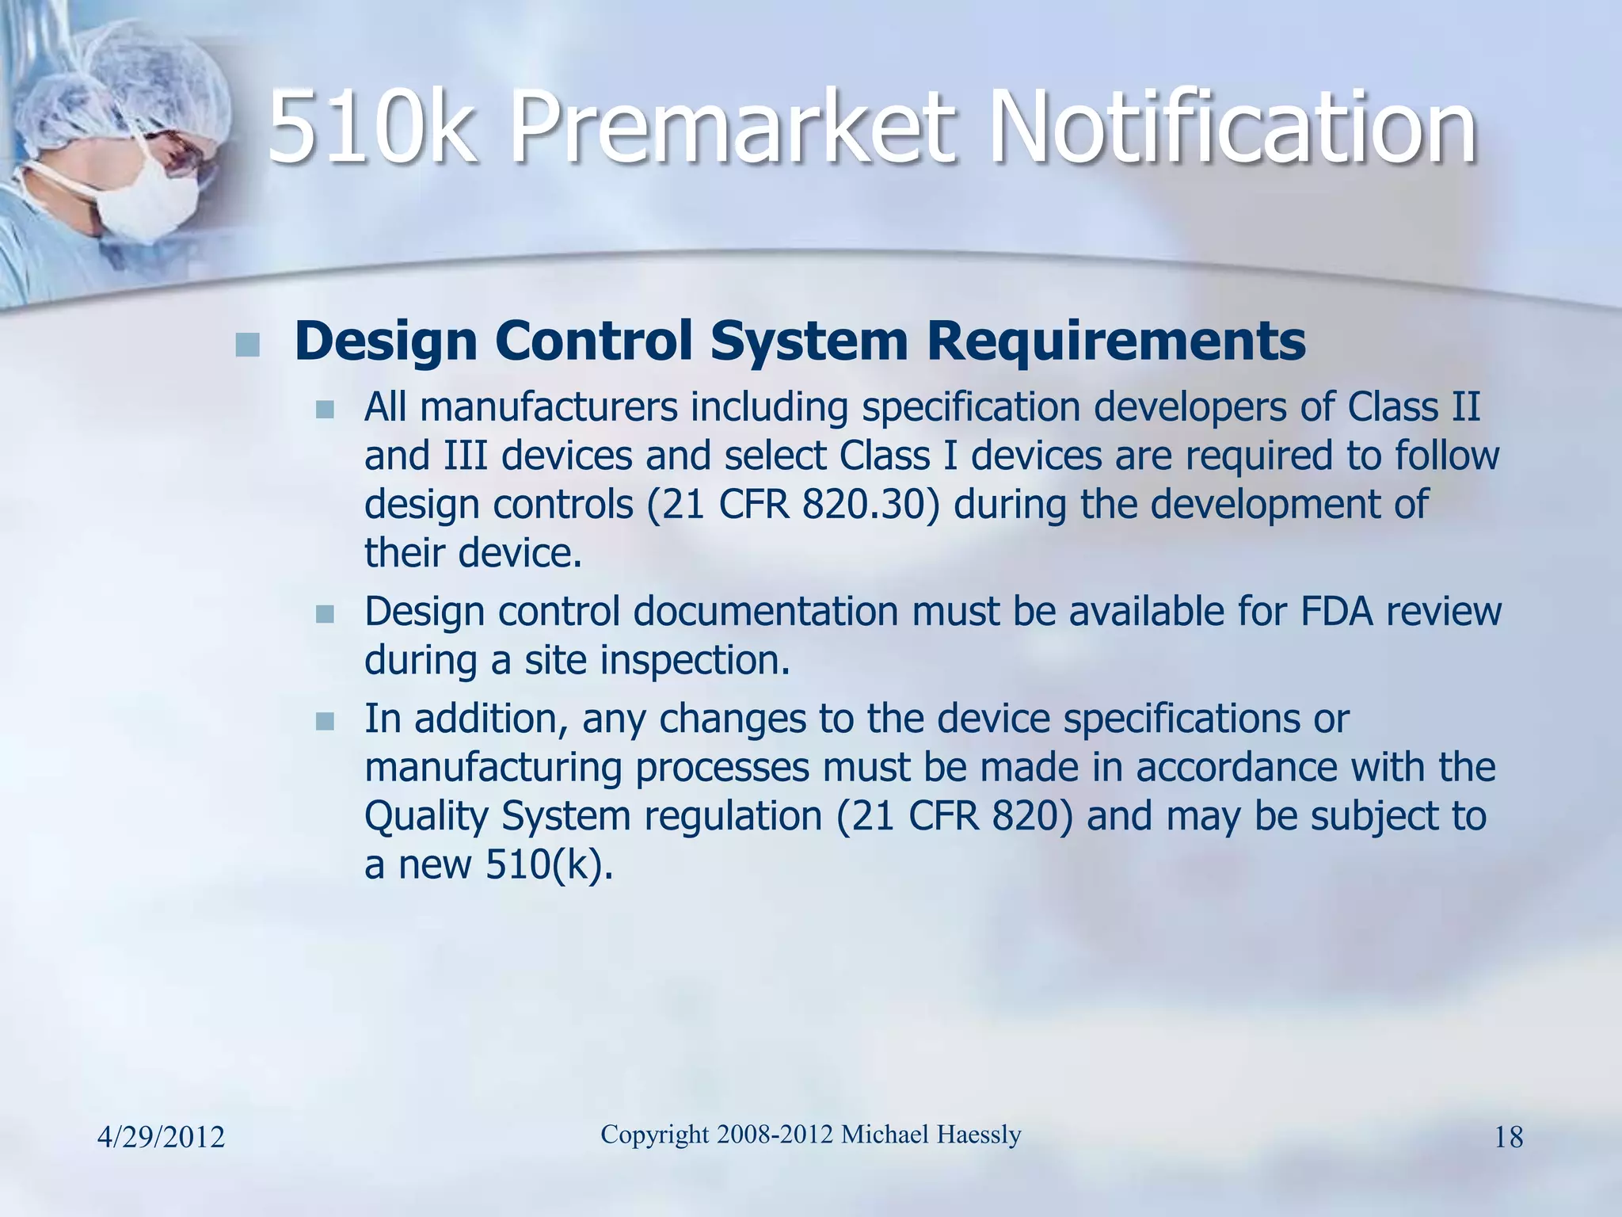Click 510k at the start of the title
[372, 127]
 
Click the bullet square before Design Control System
[248, 345]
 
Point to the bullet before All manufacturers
[325, 410]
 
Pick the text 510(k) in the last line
[549, 864]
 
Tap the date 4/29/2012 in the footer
[161, 1138]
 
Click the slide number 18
[1508, 1138]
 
